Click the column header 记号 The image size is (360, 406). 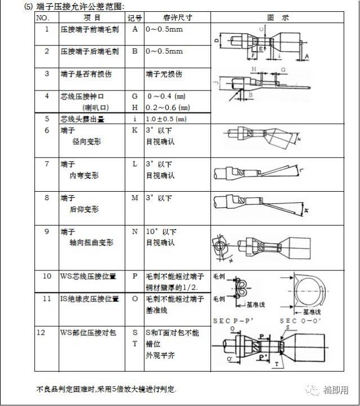(134, 17)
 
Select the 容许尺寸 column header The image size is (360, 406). (177, 17)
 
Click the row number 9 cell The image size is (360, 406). (47, 231)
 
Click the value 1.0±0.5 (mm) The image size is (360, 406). (166, 119)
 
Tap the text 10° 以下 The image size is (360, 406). (161, 232)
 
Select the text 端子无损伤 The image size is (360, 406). (164, 74)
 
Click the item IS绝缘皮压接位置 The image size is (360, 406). (89, 299)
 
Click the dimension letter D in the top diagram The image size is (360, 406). (217, 41)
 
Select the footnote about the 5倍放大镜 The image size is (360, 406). (106, 389)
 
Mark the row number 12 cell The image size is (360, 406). (47, 332)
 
